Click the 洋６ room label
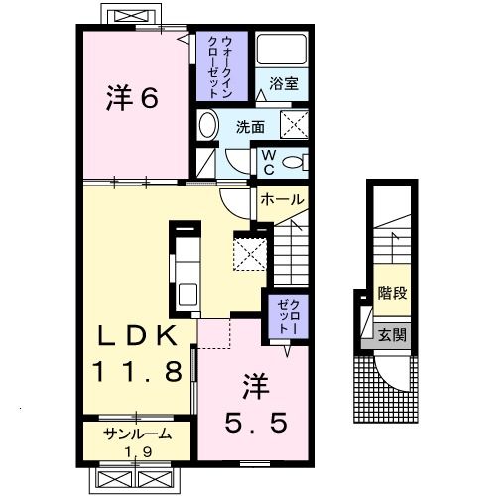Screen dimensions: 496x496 [x=133, y=99]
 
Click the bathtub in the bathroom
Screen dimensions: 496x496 [x=282, y=51]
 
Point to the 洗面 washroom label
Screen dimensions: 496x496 [x=250, y=127]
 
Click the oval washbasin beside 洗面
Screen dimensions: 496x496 [x=207, y=126]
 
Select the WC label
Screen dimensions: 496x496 [x=268, y=161]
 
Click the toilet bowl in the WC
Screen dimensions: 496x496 [x=294, y=162]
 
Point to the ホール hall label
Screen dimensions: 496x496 [x=282, y=199]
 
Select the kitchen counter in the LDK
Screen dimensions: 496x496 [x=185, y=268]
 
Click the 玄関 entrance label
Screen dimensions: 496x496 [x=392, y=335]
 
